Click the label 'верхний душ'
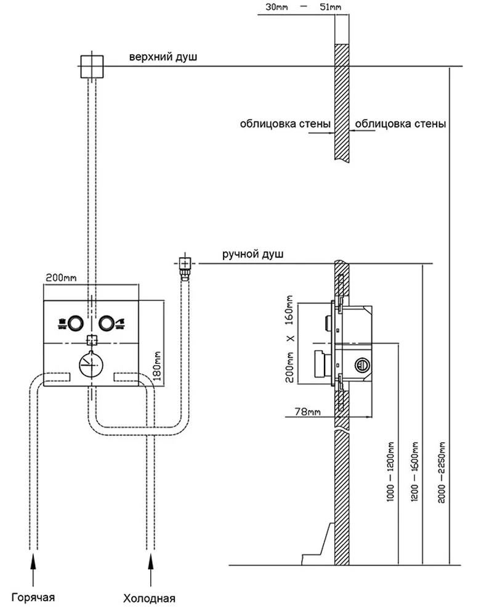pos(163,57)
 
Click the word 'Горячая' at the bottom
pos(35,596)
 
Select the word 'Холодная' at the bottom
pos(150,598)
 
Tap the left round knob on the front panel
pos(76,322)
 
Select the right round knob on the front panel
pos(108,322)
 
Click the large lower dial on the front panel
pos(92,363)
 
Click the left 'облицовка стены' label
pos(285,123)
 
